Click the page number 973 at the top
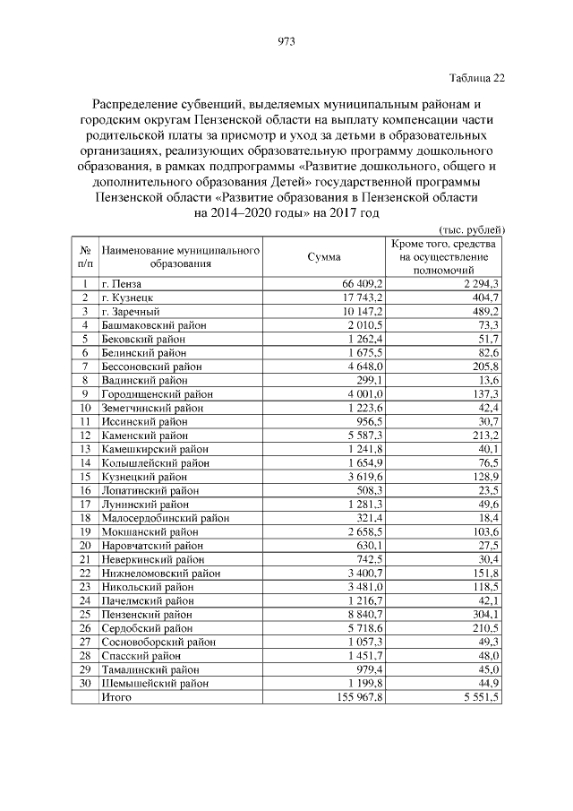click(x=286, y=41)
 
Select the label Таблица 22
click(x=475, y=78)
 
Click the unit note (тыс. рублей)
click(x=474, y=229)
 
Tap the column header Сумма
click(x=323, y=257)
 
